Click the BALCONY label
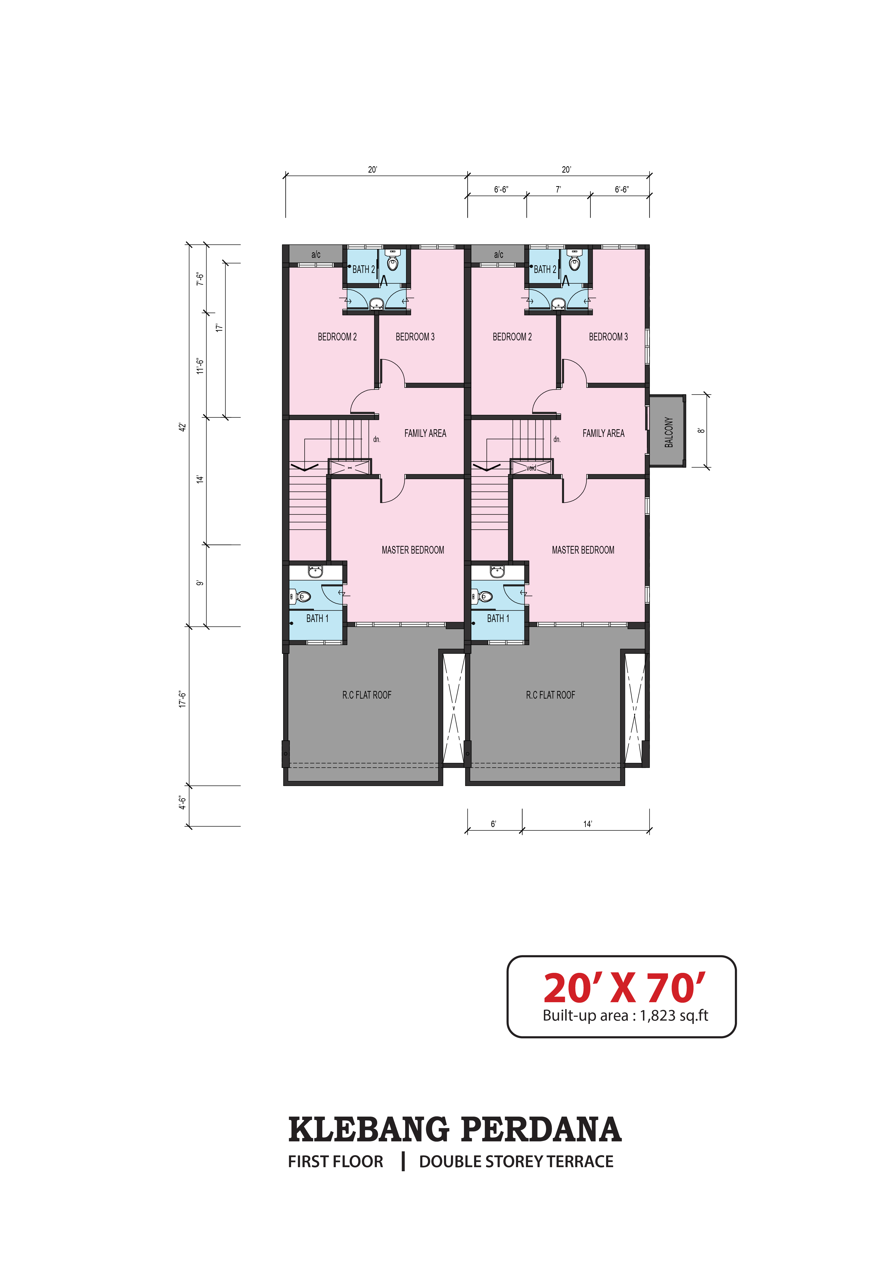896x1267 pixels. click(669, 432)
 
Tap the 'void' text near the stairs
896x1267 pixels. click(531, 468)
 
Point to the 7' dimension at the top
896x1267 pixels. click(558, 189)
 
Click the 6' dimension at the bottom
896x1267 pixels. click(493, 824)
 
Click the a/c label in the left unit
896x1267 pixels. click(316, 254)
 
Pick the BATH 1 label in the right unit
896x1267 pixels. click(498, 619)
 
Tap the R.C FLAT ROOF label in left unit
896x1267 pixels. click(367, 695)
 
